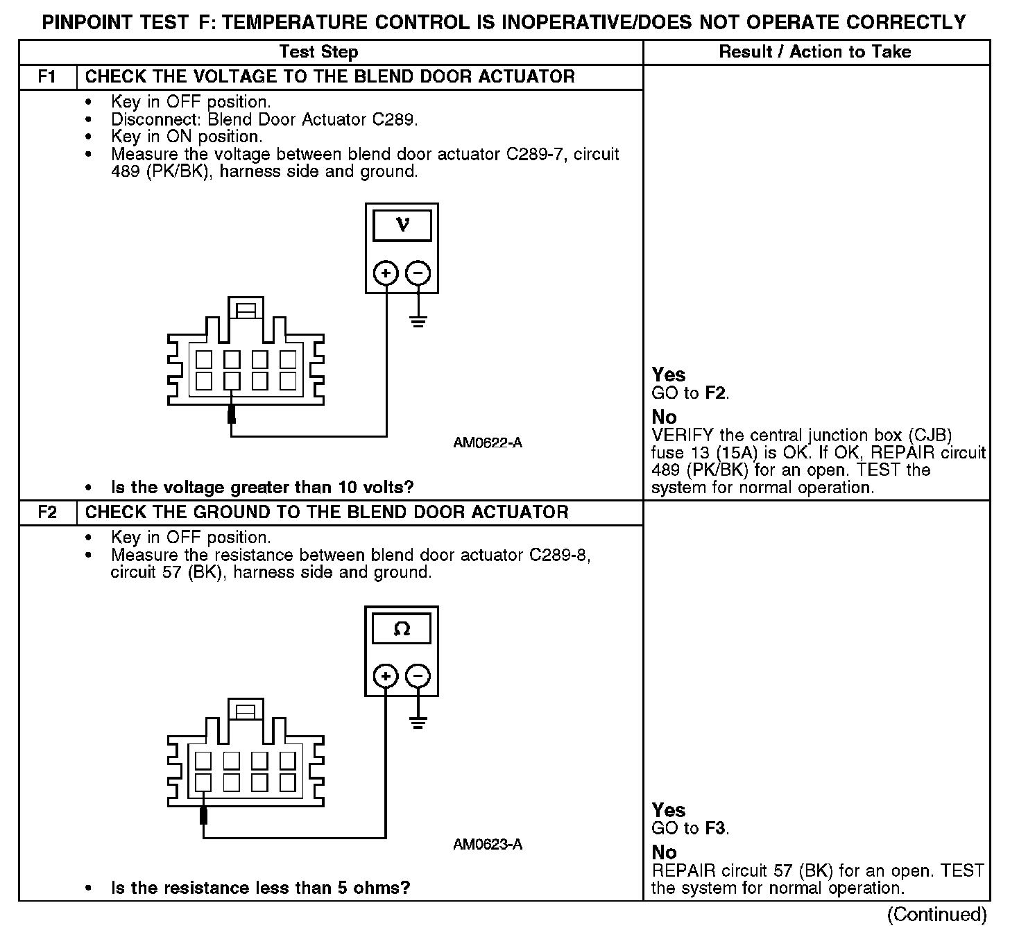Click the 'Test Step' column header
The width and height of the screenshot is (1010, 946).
point(318,52)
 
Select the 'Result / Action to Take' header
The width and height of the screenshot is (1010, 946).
point(815,52)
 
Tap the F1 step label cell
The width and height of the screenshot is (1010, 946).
point(47,77)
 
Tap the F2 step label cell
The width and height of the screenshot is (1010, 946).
point(47,513)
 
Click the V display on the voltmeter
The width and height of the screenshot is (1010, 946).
point(402,225)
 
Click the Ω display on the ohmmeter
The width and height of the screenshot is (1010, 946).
point(402,629)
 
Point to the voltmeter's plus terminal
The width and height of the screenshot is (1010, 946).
point(386,273)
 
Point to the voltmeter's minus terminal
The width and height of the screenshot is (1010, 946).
point(418,273)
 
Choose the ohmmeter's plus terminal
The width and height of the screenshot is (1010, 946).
point(386,676)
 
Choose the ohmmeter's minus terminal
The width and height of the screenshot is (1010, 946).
point(418,676)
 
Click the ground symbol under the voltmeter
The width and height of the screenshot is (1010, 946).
point(418,321)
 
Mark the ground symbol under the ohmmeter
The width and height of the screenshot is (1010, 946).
point(418,723)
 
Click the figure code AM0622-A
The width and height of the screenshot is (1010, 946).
point(488,442)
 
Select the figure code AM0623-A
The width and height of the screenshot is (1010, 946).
point(488,844)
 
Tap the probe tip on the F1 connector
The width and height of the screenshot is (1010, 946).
point(232,415)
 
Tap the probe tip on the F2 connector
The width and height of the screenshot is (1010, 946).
point(204,815)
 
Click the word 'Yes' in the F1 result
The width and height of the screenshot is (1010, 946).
point(669,375)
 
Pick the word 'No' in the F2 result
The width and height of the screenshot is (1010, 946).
point(664,852)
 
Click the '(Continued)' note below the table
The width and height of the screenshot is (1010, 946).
point(936,915)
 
